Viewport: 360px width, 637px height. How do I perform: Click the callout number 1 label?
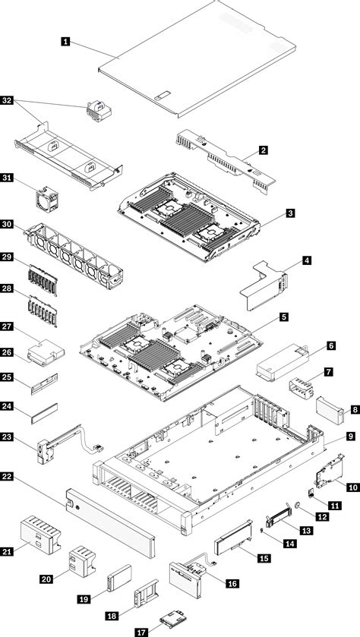pos(68,43)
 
